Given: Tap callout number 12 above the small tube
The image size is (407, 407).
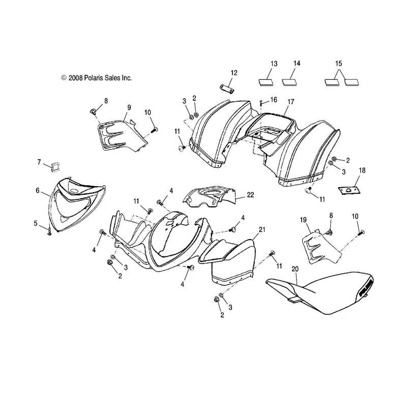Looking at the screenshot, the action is coord(234,73).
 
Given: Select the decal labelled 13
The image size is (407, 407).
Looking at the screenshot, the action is coord(266,82).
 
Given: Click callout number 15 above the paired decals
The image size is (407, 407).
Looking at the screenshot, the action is coord(339,64).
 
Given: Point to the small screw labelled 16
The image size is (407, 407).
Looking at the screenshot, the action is coord(261,103).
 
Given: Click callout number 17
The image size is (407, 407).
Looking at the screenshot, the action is coord(291,102).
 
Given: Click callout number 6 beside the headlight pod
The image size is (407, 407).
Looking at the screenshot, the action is coord(38,190).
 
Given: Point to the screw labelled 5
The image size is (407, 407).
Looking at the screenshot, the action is coord(49,231).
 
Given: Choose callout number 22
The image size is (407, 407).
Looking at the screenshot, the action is coord(250,195).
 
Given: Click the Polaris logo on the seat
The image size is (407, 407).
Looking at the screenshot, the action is coord(366,287).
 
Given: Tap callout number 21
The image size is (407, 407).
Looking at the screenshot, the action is coord(262,229).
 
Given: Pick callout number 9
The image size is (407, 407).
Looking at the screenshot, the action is coord(129,107).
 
